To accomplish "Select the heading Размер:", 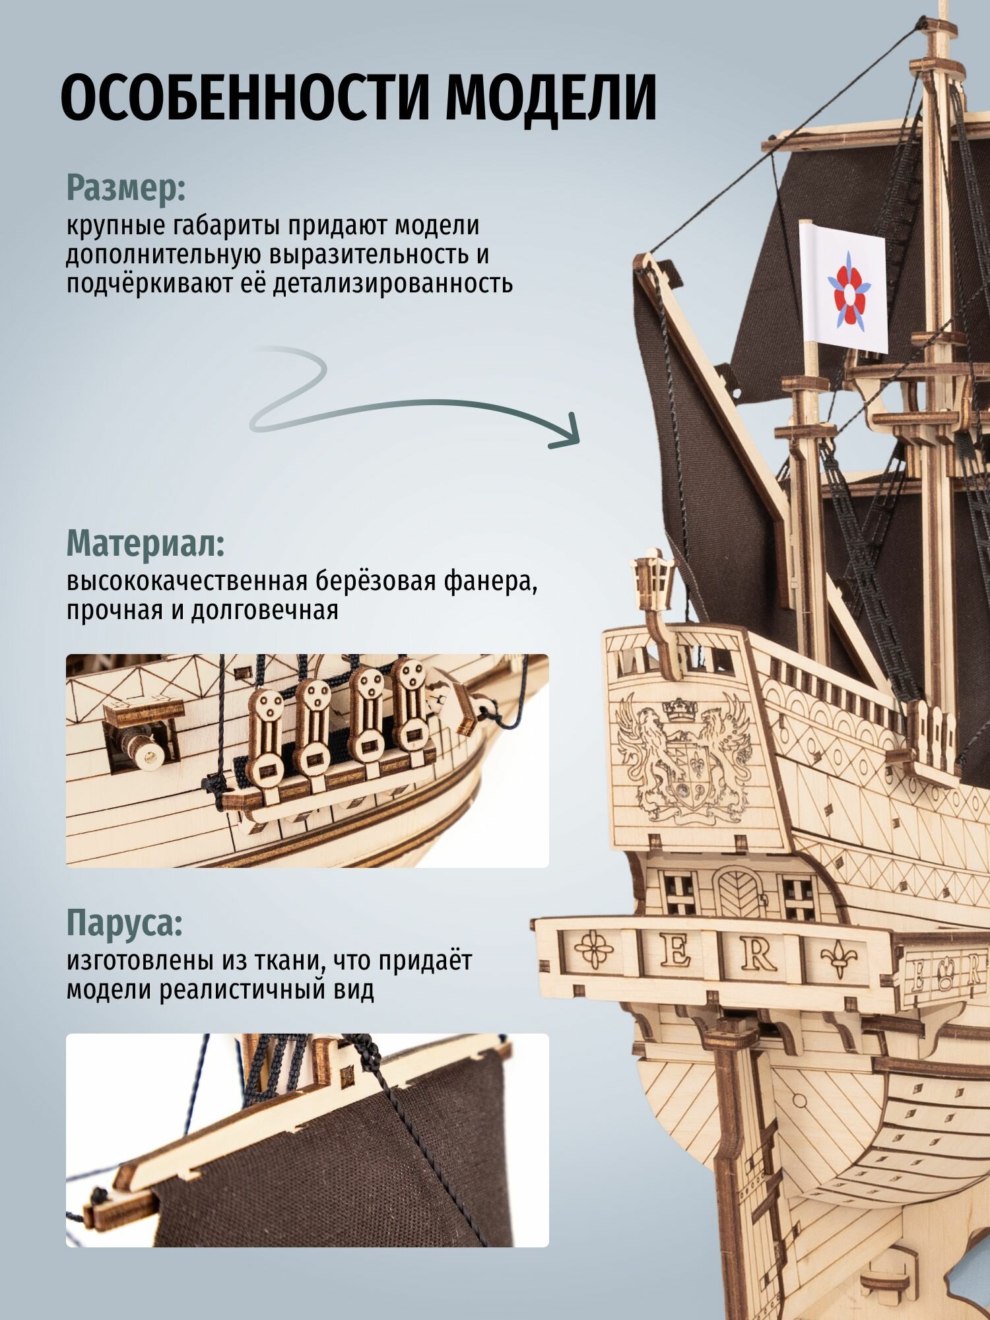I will click(x=126, y=189).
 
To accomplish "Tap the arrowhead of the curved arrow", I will click(x=568, y=432).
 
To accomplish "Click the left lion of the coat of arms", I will click(x=640, y=746).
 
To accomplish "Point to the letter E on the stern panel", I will click(x=675, y=952).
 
